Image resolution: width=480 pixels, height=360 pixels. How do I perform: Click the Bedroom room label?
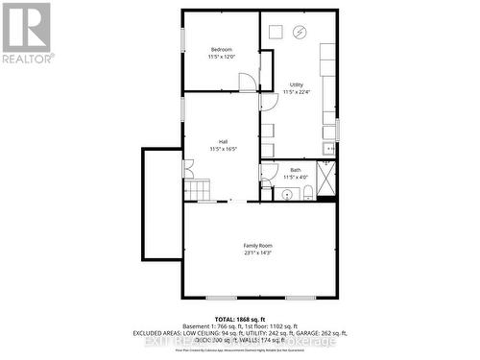(222, 49)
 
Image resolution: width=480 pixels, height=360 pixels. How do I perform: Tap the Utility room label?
(295, 85)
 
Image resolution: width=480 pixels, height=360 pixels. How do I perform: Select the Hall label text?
(222, 142)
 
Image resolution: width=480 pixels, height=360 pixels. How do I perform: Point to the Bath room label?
(295, 170)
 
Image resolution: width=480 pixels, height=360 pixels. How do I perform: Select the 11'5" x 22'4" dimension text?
(295, 92)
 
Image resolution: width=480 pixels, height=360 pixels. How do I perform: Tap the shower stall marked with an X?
(326, 180)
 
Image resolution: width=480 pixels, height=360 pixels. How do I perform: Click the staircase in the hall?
(197, 191)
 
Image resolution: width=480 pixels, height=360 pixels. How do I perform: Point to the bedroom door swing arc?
(248, 83)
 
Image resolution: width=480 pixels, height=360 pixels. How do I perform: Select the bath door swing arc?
(267, 173)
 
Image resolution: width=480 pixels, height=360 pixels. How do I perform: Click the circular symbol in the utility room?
(299, 33)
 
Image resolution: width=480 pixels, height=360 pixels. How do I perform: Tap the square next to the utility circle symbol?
(275, 32)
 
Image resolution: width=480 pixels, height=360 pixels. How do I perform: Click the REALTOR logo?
(26, 32)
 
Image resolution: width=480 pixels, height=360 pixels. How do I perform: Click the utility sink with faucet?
(328, 149)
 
